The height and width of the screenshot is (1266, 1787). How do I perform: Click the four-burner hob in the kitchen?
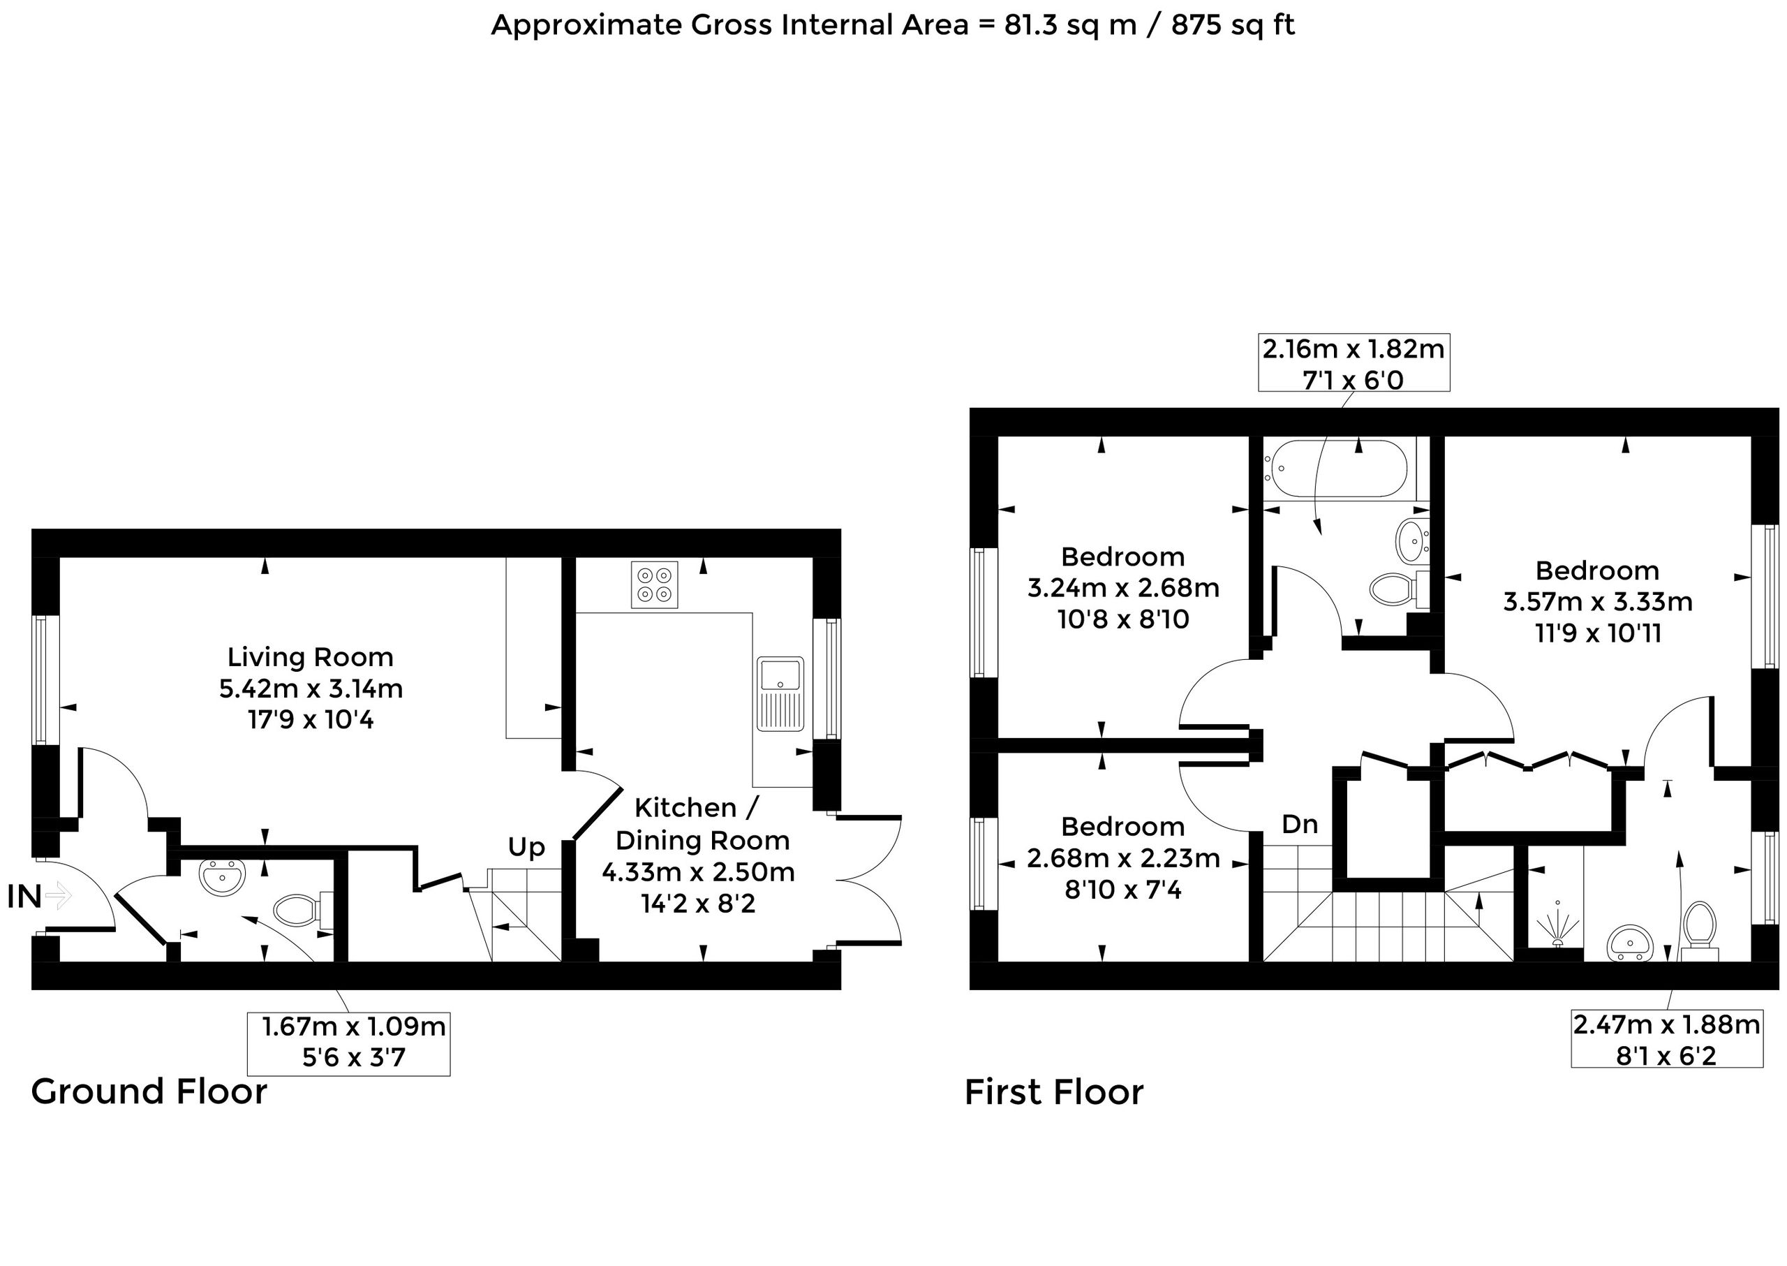(x=655, y=584)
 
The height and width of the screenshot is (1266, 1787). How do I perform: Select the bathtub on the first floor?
(x=1335, y=469)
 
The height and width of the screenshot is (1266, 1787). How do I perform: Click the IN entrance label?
(x=24, y=897)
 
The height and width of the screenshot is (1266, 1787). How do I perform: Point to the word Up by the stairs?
(x=526, y=848)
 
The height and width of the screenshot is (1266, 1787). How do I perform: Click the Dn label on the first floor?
(x=1300, y=824)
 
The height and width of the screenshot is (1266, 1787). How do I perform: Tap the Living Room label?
(x=310, y=657)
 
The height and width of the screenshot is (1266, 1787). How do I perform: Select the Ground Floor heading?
(x=149, y=1091)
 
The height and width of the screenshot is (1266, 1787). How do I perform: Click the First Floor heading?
(x=1053, y=1092)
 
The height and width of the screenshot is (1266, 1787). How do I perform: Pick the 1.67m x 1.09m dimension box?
(x=348, y=1044)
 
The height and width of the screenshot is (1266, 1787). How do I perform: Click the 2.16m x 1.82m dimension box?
(x=1354, y=362)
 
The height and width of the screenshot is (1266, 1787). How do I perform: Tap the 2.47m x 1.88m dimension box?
(x=1666, y=1039)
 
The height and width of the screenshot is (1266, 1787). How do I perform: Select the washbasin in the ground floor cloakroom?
(x=223, y=878)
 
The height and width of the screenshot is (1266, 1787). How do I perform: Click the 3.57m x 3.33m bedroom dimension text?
(x=1598, y=602)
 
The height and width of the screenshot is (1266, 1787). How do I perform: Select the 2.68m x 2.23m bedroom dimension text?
(x=1123, y=858)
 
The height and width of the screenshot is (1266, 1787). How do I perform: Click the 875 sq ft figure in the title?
(x=1233, y=25)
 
